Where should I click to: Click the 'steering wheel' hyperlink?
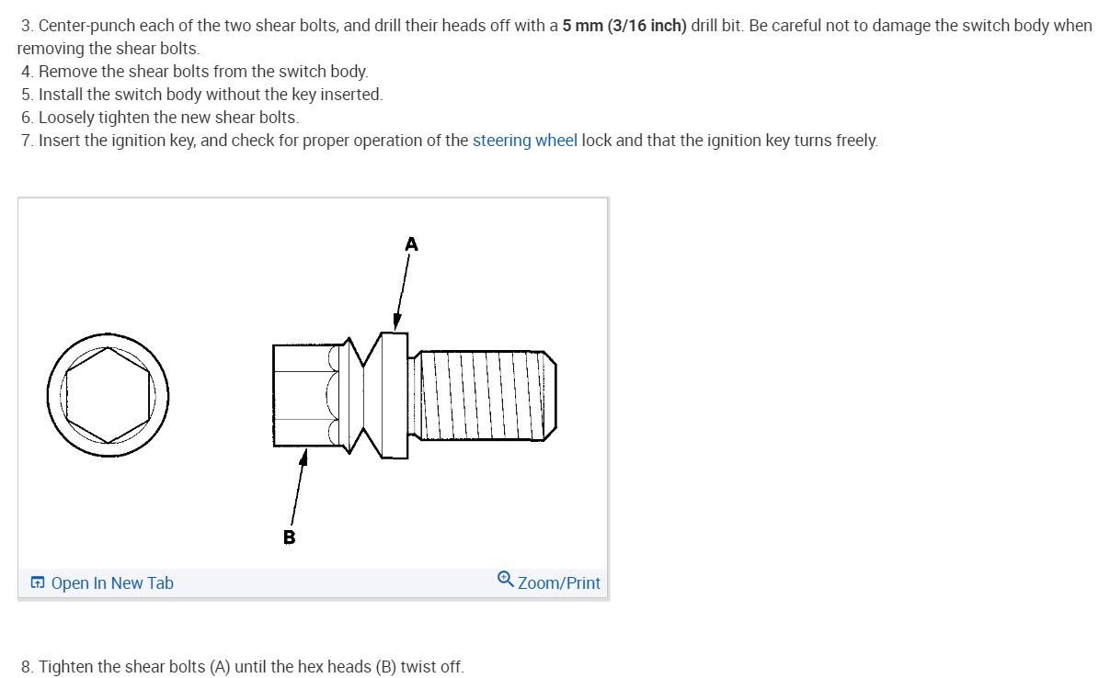point(524,141)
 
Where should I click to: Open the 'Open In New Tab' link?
point(111,583)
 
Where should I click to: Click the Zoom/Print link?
point(558,583)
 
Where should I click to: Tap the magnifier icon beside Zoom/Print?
point(505,580)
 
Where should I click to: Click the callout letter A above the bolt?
point(411,244)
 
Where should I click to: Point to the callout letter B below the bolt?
point(289,537)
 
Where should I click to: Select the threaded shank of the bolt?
point(483,394)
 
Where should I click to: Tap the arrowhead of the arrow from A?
point(397,322)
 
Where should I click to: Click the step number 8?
point(26,667)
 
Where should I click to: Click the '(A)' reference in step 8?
point(219,667)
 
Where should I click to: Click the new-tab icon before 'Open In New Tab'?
point(38,583)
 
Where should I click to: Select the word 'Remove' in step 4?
point(66,72)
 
